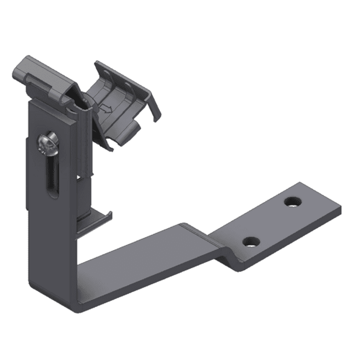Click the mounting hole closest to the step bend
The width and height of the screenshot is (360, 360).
[251, 242]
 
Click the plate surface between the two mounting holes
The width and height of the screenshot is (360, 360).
[271, 222]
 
